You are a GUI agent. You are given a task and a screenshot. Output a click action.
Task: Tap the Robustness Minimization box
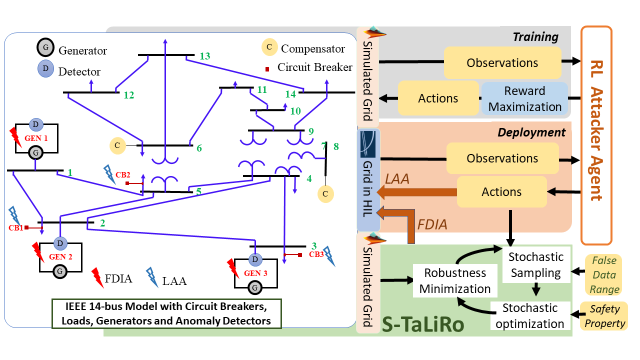(x=455, y=280)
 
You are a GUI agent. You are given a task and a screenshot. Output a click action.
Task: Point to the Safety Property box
(x=605, y=317)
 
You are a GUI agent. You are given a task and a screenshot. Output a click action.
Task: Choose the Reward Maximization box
(x=525, y=98)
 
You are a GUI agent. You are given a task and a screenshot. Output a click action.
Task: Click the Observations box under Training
(x=502, y=63)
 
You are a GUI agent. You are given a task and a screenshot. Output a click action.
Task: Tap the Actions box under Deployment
(x=501, y=192)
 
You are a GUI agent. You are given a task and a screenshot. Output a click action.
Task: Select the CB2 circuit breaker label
(x=123, y=175)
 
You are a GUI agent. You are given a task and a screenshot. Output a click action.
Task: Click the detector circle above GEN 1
(x=36, y=124)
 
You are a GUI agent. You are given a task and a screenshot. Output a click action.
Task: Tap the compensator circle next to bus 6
(x=116, y=145)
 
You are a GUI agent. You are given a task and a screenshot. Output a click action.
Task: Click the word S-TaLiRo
(x=423, y=324)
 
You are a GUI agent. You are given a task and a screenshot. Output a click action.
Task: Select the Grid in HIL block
(x=369, y=180)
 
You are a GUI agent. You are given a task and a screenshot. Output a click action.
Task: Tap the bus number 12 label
(x=128, y=95)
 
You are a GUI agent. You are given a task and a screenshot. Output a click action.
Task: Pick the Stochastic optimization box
(x=529, y=315)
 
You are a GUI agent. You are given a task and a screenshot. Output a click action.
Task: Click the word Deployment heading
(x=531, y=132)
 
